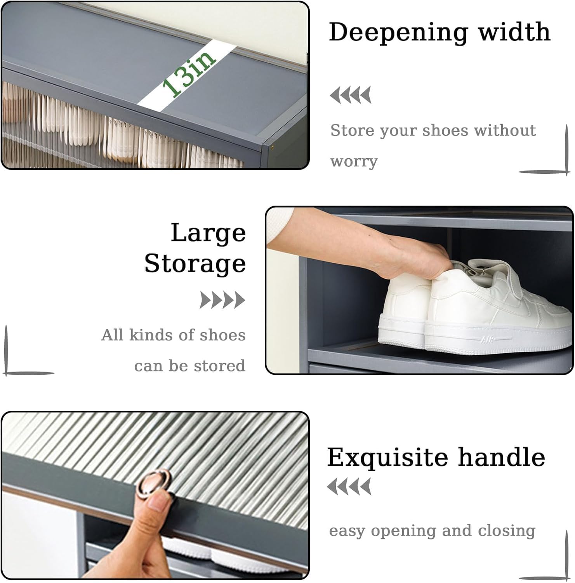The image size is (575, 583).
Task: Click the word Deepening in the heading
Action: click(398, 33)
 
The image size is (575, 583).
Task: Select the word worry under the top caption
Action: click(354, 161)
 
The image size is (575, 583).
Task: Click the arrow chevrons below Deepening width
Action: click(351, 95)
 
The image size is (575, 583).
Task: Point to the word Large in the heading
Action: click(208, 233)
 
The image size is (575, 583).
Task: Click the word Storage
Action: click(195, 264)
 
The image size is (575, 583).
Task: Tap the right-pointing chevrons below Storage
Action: click(222, 300)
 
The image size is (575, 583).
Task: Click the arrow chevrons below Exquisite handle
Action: click(349, 487)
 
